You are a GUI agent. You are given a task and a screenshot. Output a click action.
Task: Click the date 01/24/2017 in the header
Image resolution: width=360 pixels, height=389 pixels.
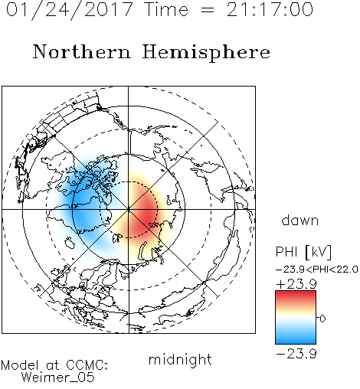pos(70,10)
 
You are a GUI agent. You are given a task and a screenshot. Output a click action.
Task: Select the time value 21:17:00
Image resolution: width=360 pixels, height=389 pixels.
pos(270,9)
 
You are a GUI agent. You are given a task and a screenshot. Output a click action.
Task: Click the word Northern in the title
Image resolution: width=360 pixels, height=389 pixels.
pos(82,51)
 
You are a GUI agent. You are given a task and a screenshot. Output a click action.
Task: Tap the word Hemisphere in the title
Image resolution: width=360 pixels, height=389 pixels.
pos(206,53)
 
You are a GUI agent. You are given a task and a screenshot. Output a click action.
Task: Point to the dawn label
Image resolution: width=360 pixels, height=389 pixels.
pos(300,220)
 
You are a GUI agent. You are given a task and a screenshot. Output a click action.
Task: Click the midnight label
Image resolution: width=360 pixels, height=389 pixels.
pos(180,359)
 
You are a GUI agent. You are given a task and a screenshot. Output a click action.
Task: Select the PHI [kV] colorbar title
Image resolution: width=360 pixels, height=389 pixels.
pos(303,252)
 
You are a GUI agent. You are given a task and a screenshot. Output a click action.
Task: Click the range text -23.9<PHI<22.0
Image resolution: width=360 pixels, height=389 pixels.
pos(317,270)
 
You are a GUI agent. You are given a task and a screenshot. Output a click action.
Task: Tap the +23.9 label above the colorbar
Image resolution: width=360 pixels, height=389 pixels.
pos(296,284)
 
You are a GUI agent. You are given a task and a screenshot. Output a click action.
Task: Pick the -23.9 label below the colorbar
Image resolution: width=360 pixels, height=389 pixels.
pos(296,354)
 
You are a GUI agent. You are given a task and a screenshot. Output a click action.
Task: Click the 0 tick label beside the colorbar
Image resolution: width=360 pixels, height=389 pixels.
pos(322,319)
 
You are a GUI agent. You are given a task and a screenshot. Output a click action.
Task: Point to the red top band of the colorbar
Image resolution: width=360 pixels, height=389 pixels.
pos(296,295)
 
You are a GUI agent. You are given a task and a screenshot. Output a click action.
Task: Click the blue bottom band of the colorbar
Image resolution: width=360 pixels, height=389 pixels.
pos(296,339)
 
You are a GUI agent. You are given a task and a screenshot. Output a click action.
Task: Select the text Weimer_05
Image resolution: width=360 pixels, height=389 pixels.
pos(58,378)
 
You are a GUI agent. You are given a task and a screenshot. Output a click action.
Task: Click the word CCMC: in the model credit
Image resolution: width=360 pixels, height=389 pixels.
pos(87,365)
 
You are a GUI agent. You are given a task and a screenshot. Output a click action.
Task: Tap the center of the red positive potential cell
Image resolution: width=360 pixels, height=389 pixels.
pos(143,213)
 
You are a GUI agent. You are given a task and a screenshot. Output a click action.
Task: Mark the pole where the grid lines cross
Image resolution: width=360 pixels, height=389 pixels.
pos(129,209)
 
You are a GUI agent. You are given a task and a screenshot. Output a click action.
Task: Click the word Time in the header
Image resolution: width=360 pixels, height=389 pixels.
pos(166,9)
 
